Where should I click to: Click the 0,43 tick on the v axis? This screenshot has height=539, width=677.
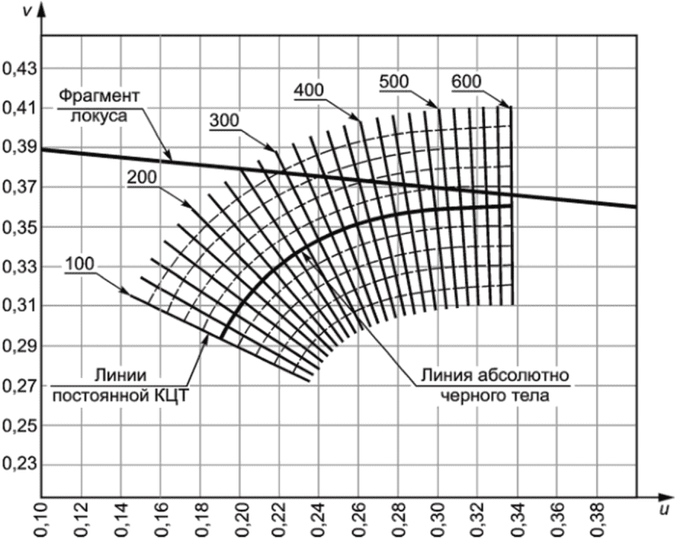[x=19, y=69]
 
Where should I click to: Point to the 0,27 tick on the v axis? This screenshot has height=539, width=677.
[x=19, y=385]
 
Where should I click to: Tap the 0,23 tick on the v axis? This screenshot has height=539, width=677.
[x=19, y=464]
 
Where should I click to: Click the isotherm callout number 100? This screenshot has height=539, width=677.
[x=79, y=264]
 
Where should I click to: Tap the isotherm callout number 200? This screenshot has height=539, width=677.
[x=142, y=178]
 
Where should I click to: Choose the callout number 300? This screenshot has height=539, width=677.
[x=224, y=120]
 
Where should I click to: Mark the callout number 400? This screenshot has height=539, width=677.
[x=309, y=90]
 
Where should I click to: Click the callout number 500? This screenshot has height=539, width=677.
[x=394, y=82]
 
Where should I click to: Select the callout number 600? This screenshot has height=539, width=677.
[x=467, y=82]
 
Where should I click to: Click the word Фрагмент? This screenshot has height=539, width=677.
[x=100, y=96]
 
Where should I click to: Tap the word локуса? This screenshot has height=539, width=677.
[x=99, y=116]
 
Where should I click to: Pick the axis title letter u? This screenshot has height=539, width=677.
[x=665, y=509]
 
